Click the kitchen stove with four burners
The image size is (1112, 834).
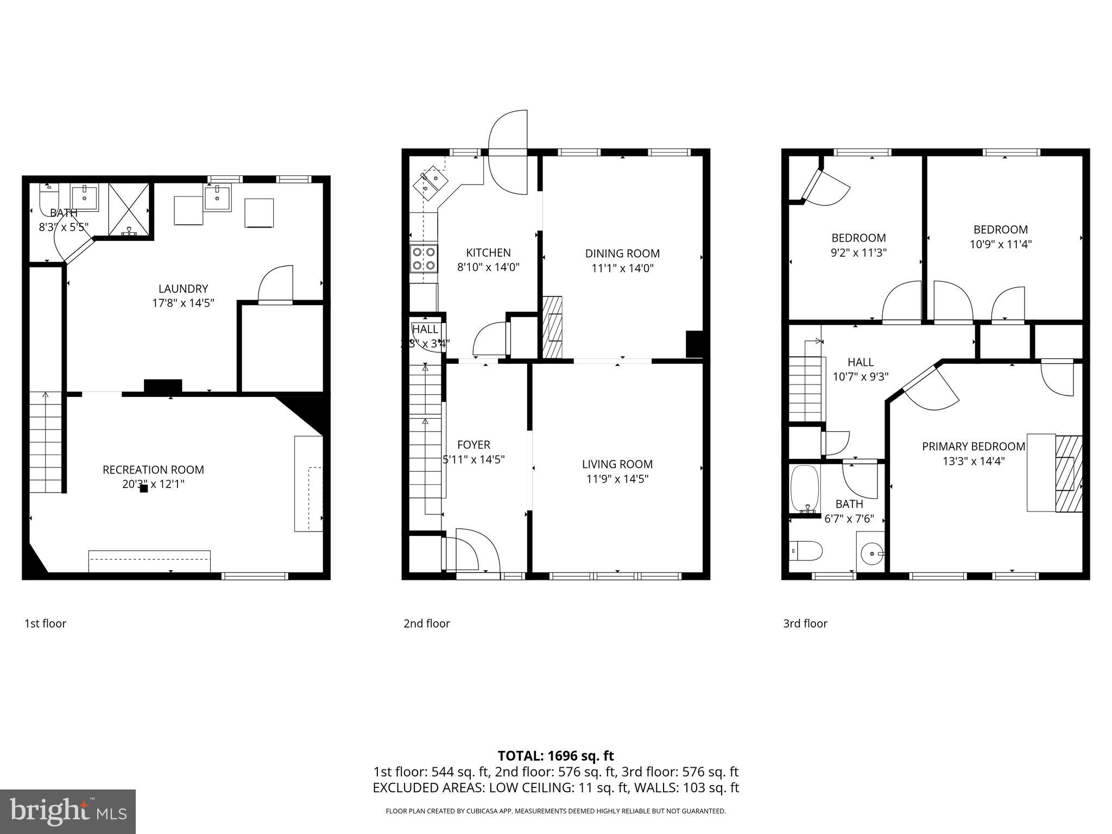(x=424, y=258)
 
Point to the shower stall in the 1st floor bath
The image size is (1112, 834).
(x=129, y=210)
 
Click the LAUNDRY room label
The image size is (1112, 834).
(x=183, y=289)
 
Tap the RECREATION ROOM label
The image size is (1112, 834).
(x=153, y=470)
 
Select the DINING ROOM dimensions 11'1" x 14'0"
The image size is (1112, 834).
(x=622, y=268)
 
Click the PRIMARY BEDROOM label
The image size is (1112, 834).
(x=974, y=446)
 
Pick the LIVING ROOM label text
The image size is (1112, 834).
(x=617, y=464)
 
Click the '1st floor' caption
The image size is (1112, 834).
(x=45, y=623)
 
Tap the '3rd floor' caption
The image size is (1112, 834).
(x=805, y=623)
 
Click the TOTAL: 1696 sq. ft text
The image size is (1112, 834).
(x=555, y=756)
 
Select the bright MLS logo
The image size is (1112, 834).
(x=68, y=811)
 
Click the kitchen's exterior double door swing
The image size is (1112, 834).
(x=508, y=153)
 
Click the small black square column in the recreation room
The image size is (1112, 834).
(x=144, y=488)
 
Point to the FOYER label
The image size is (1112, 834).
(x=473, y=445)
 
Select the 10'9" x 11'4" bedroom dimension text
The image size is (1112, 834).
(x=1000, y=244)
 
